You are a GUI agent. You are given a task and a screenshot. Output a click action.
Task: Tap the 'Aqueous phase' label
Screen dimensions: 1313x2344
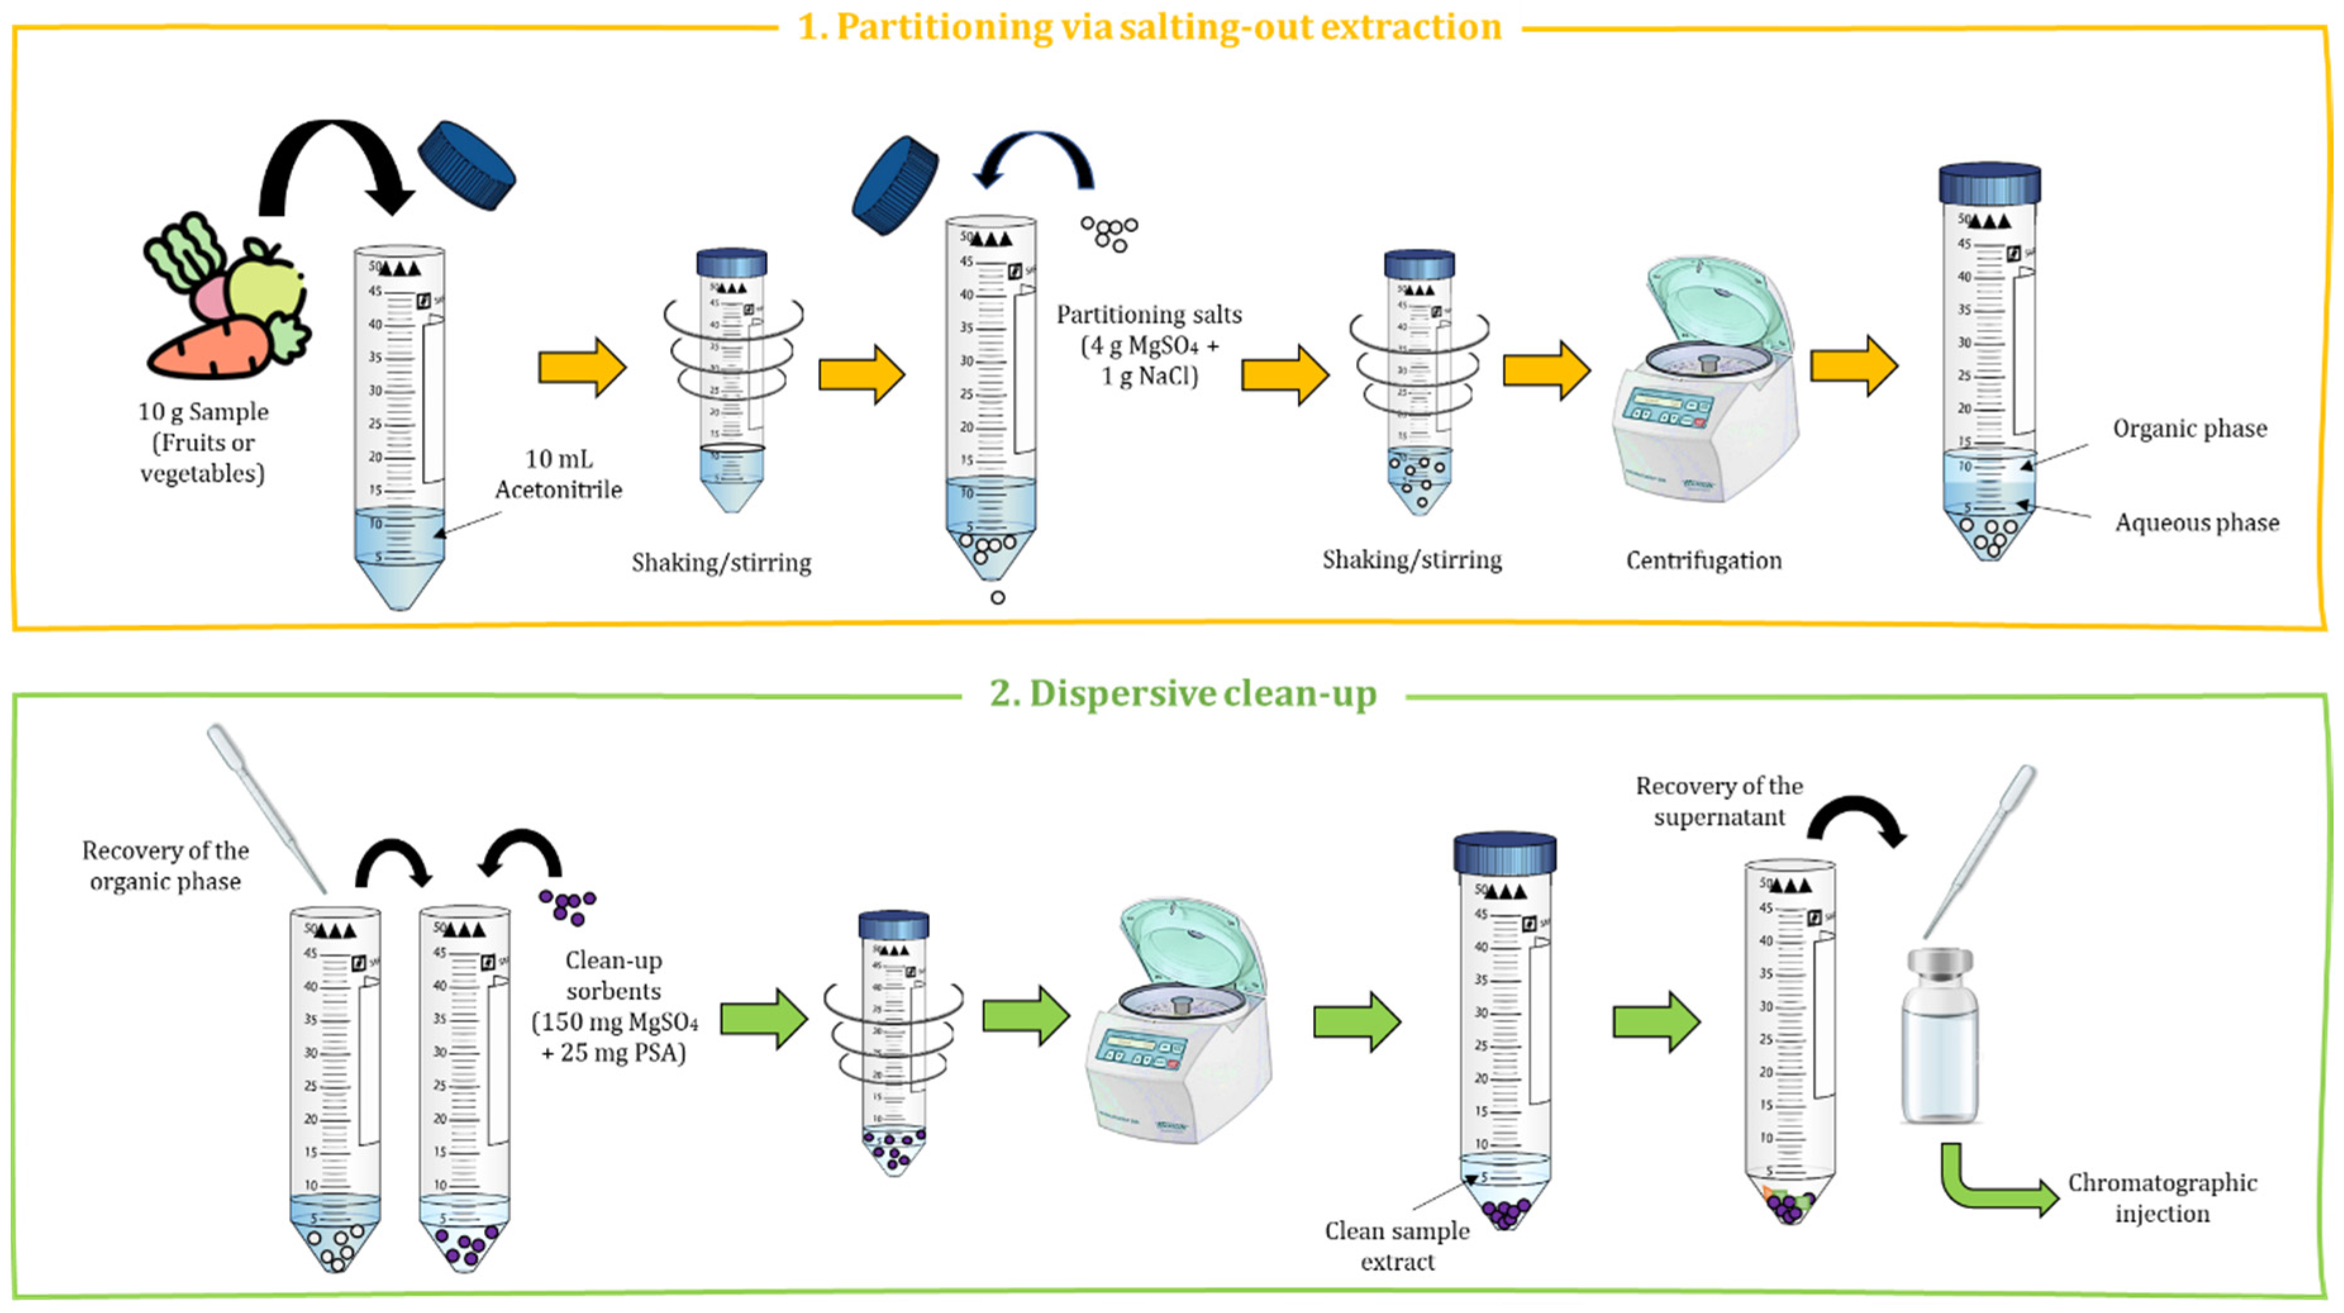click(2196, 522)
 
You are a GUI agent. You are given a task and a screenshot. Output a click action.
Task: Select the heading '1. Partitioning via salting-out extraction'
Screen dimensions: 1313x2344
click(1149, 27)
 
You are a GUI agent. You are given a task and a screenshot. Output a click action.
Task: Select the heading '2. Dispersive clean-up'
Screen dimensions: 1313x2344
click(1182, 694)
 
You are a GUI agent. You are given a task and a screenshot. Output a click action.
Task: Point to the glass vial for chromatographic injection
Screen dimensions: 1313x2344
click(1940, 1037)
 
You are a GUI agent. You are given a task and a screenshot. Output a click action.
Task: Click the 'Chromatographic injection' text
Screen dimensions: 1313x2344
click(2161, 1197)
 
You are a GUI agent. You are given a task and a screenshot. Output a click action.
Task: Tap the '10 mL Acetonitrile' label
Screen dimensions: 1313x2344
click(558, 474)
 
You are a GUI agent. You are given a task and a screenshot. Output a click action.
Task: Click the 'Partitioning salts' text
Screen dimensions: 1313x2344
click(1149, 315)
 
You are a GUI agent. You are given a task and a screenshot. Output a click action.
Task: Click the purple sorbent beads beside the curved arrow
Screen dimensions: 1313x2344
click(569, 905)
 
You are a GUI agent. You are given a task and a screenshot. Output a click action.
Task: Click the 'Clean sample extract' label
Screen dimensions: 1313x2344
click(1397, 1246)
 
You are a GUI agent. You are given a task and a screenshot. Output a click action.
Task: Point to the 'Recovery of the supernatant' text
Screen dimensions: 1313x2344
click(1718, 800)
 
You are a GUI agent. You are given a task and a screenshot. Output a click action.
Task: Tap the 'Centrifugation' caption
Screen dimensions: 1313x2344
click(1704, 561)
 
